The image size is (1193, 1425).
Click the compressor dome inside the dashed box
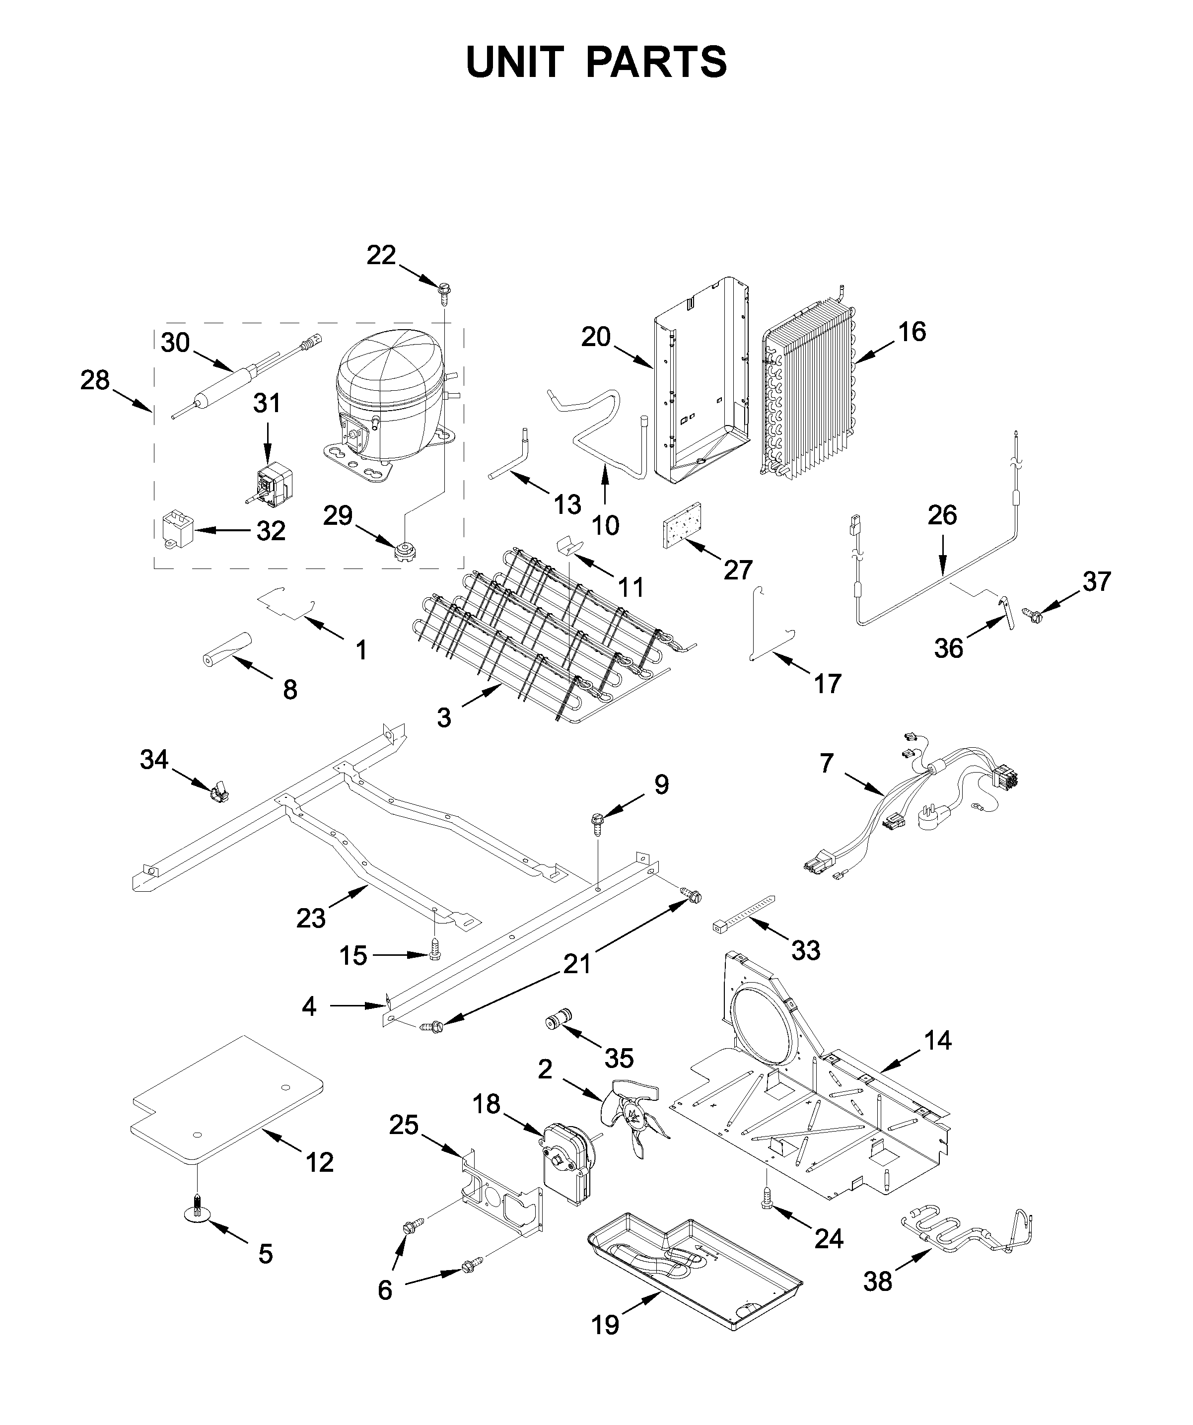pyautogui.click(x=387, y=387)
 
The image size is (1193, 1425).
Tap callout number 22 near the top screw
pyautogui.click(x=381, y=255)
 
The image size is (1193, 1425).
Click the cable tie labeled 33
pyautogui.click(x=743, y=913)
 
